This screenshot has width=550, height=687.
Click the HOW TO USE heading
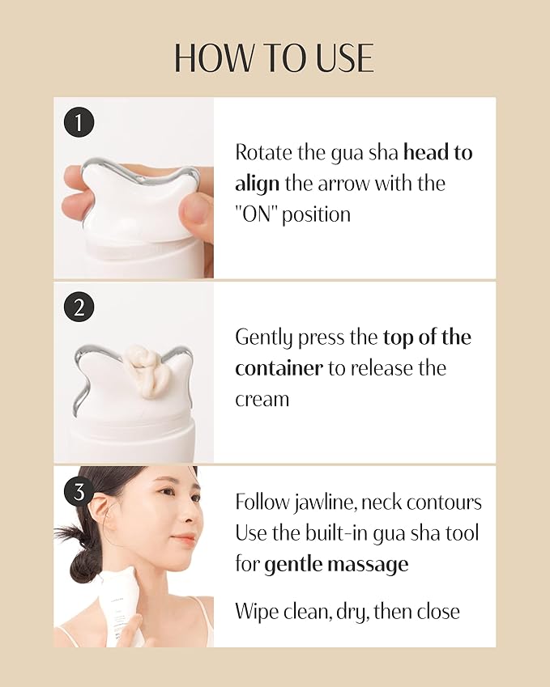[x=275, y=58]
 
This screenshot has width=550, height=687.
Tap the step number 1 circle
[x=79, y=123]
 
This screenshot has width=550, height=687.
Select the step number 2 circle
[x=79, y=307]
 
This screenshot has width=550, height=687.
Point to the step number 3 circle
[x=79, y=491]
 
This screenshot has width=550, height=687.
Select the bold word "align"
[x=257, y=184]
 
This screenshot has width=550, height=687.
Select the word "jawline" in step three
[x=323, y=503]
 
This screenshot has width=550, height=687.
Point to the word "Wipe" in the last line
[x=256, y=611]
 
